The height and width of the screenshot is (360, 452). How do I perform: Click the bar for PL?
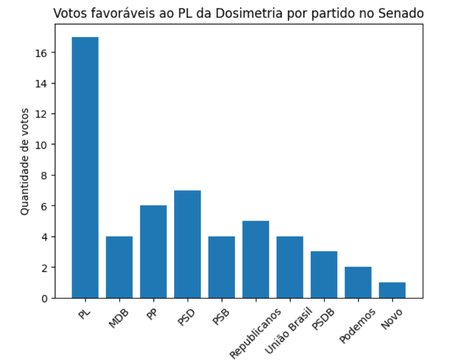coord(85,167)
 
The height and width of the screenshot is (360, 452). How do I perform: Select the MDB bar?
coord(119,267)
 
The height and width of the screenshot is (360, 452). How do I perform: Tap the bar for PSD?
coord(187,244)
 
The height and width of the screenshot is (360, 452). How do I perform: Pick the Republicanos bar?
coord(256,259)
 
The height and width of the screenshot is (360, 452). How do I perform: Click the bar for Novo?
coord(392,290)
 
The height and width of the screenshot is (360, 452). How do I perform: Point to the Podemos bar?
coord(358,282)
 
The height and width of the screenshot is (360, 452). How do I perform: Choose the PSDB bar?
coord(324,275)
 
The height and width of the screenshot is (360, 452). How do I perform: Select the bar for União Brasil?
coord(290,267)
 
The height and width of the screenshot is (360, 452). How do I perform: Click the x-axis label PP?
coord(151,315)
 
